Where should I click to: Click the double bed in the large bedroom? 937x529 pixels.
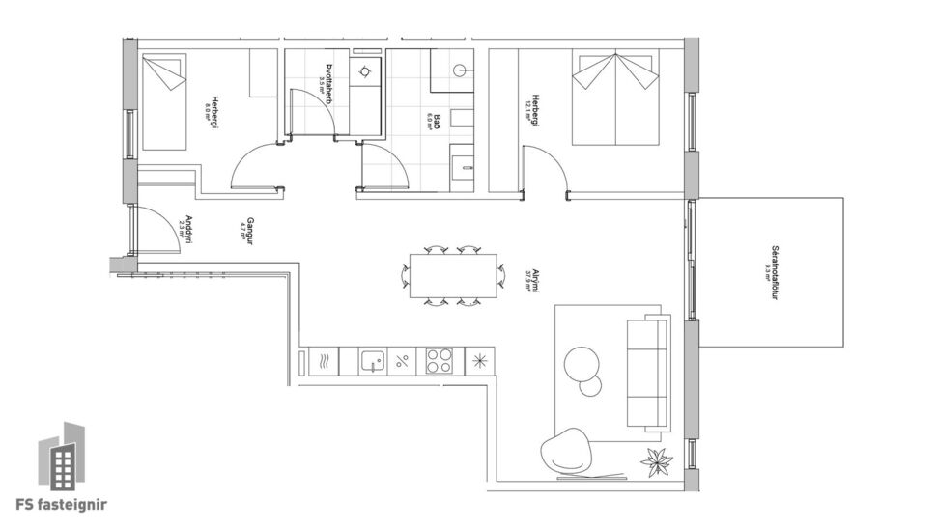(616, 98)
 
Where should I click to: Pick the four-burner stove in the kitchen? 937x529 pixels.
(440, 362)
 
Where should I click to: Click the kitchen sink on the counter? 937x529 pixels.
(372, 362)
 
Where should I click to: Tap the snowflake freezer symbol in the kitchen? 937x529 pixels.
(479, 362)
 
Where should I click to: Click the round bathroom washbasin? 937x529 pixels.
(461, 70)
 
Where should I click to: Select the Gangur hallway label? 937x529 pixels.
(248, 228)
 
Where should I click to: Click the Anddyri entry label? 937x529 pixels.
(188, 228)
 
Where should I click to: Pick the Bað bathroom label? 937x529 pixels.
(437, 121)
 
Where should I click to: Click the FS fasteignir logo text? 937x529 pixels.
(63, 503)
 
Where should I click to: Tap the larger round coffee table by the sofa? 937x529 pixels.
(582, 362)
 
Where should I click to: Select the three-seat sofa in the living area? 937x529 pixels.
(648, 372)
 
